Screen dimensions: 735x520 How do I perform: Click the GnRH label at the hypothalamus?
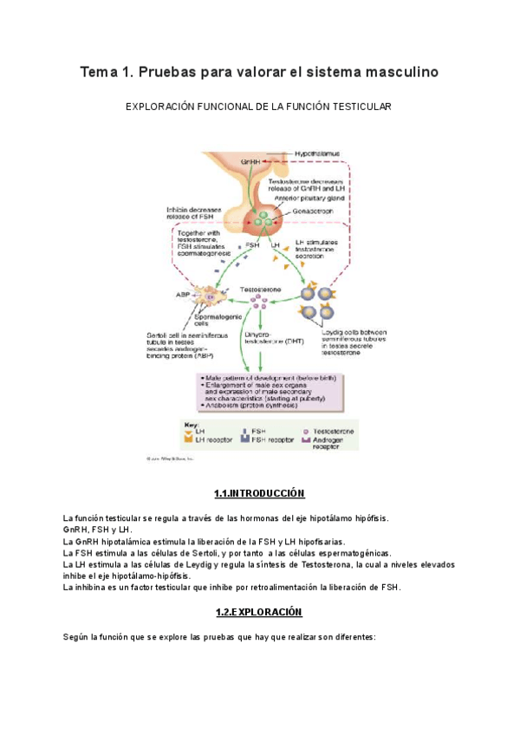tap(251, 162)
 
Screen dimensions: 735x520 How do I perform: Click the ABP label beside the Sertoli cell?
tap(183, 295)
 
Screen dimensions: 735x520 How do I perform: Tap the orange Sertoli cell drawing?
tap(211, 296)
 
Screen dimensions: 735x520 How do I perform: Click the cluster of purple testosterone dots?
tap(259, 300)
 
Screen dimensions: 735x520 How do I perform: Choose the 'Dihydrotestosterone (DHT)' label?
tap(265, 337)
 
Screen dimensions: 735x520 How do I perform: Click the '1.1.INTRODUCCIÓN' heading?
tap(259, 494)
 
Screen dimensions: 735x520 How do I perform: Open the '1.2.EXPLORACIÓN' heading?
tap(259, 612)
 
